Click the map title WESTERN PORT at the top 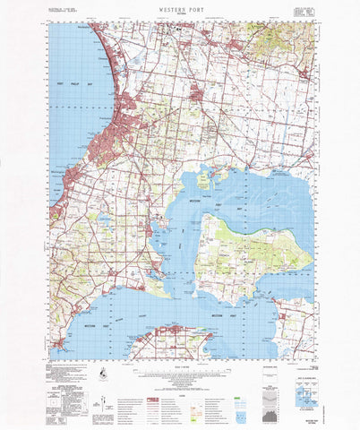(180, 6)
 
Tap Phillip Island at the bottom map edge (179, 346)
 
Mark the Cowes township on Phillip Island (170, 332)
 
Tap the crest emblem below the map (107, 374)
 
